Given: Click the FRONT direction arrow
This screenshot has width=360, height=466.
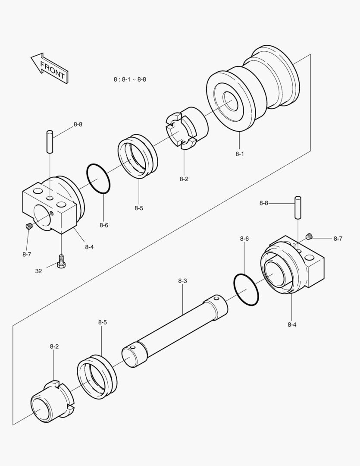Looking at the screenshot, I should (x=50, y=68).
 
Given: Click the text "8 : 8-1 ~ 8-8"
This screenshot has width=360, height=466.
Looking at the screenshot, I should (x=130, y=79).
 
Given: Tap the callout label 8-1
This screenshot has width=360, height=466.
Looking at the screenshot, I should (x=240, y=154).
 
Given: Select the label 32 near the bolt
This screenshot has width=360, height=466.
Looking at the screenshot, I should (x=39, y=271).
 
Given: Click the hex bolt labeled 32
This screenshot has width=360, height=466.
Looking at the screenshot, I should (x=61, y=261).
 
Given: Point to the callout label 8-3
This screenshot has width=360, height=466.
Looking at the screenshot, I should (x=182, y=281).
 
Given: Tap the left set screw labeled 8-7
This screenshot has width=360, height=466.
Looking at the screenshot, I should (x=29, y=226).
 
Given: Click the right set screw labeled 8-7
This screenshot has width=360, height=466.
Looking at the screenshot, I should (x=309, y=236).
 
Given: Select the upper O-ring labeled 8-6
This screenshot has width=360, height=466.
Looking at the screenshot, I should (x=99, y=178).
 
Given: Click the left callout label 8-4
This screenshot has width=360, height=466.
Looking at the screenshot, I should (x=89, y=247).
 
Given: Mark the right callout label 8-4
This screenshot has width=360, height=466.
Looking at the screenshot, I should (x=292, y=324).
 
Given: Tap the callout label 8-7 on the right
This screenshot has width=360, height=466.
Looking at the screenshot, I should (x=338, y=238).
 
